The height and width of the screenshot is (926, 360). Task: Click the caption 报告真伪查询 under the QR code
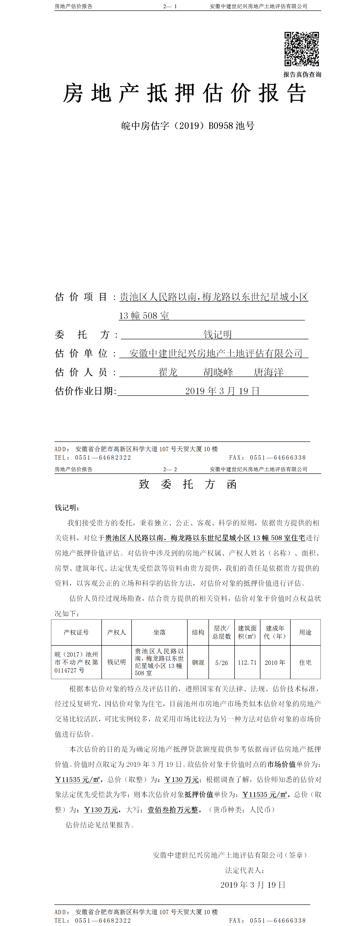302,74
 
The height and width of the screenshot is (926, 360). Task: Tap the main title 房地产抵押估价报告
185,94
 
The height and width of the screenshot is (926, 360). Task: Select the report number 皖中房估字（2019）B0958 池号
188,126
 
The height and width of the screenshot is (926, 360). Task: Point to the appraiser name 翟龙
168,372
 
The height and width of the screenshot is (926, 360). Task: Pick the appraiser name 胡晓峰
218,372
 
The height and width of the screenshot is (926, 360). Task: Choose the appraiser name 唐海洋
268,372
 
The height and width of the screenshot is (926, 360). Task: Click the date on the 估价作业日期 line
222,391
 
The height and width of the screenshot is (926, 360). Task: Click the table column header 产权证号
76,632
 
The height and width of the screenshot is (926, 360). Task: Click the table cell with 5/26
221,662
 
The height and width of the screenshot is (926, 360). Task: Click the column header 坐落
159,632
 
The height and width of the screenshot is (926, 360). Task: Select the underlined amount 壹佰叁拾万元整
173,810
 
